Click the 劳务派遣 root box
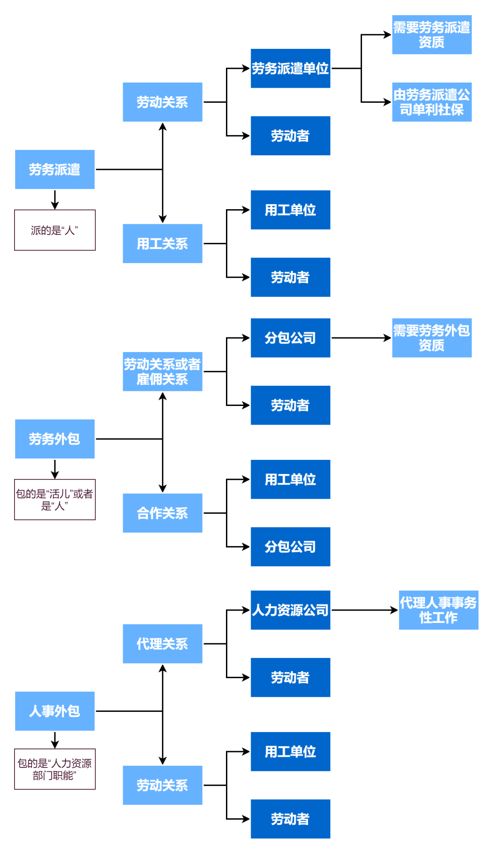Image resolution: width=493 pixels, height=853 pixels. [55, 169]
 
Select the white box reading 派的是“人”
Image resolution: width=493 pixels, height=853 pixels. [55, 230]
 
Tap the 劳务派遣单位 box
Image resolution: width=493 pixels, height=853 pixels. [290, 68]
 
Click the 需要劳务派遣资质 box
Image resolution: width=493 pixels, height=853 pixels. [432, 35]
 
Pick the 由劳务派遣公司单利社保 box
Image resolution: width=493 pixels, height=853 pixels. [432, 102]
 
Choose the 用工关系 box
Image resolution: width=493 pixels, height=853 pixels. [163, 243]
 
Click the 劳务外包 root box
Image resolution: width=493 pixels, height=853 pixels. [55, 439]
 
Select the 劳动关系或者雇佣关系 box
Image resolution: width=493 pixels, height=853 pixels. [163, 371]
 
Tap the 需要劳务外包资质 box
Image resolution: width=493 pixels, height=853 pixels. [432, 338]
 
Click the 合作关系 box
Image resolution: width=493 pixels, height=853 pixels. [163, 513]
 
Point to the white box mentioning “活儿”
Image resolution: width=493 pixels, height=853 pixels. [55, 500]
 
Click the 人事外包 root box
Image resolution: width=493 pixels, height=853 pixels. [55, 711]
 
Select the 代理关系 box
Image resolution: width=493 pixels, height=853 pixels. [163, 643]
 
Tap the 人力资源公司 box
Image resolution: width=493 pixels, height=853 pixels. [290, 610]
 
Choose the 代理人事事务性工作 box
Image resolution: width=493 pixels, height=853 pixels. [438, 610]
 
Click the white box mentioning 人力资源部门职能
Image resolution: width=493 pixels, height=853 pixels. [55, 769]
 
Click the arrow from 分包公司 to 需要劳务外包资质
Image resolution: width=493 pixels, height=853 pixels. [361, 338]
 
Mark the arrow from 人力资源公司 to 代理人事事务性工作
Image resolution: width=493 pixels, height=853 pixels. [364, 610]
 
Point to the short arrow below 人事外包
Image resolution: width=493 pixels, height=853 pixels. [55, 740]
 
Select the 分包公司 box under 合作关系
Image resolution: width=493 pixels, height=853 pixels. [290, 547]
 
